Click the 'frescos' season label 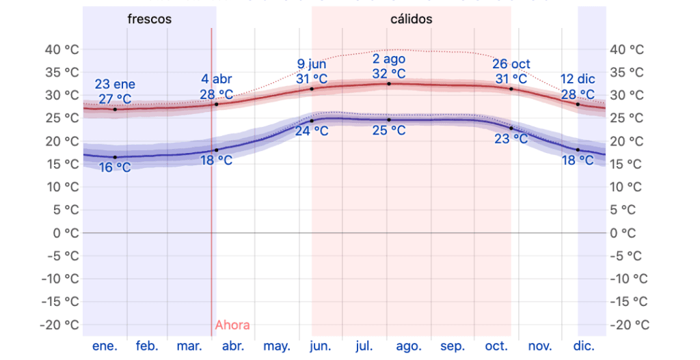coord(149,19)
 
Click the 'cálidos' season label coord(411,19)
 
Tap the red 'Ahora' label coord(232,325)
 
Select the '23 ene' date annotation coord(115,85)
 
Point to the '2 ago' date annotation coord(389,59)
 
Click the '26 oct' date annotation coord(511,64)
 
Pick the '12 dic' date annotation coord(578,79)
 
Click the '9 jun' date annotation coord(312,64)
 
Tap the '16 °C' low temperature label coord(115,167)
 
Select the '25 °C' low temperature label coord(389,130)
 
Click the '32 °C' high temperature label coord(389,74)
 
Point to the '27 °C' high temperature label coord(115,99)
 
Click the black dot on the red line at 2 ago coord(389,84)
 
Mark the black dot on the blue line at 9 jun coord(312,121)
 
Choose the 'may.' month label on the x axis coord(277,346)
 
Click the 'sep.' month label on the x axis coord(454,346)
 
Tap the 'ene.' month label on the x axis coord(105,346)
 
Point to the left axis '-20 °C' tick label coord(61,324)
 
